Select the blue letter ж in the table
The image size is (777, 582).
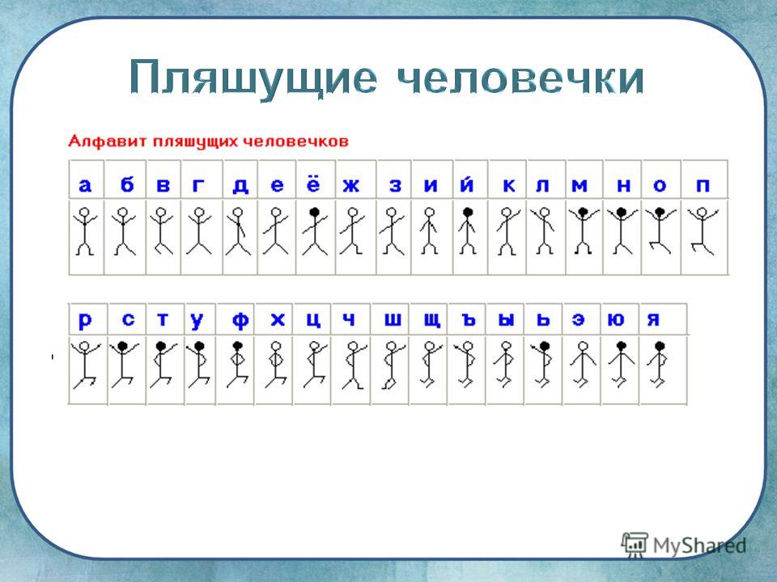click(x=350, y=186)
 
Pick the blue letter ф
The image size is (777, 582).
click(x=240, y=321)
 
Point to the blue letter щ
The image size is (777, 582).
click(x=431, y=321)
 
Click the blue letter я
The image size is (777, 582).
click(x=653, y=320)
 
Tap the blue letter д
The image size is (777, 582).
click(x=240, y=186)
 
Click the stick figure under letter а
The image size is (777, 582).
click(x=85, y=231)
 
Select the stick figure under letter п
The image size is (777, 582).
click(x=702, y=231)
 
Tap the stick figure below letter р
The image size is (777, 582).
click(x=85, y=365)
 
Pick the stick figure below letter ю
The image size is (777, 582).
click(x=622, y=365)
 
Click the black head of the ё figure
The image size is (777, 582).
click(x=314, y=213)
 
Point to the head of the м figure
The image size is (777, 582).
click(x=583, y=213)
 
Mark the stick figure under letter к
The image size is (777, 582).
click(x=507, y=231)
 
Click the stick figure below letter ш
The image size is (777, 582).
click(x=393, y=365)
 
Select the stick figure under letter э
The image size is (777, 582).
click(x=583, y=365)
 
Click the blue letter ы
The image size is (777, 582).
click(x=506, y=321)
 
